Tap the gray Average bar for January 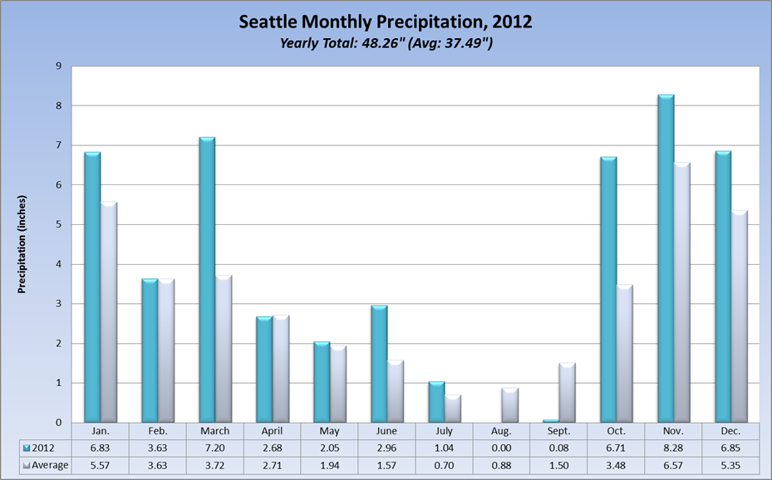[107, 312]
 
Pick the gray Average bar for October [623, 354]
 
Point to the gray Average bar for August [509, 405]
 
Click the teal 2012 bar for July [436, 402]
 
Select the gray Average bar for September [567, 393]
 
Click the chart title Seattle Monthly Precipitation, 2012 [386, 22]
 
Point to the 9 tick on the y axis [59, 66]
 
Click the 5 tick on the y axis [59, 224]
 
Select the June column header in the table [386, 432]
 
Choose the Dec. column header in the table [730, 432]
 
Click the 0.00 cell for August [501, 448]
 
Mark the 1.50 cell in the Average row [558, 465]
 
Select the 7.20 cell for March [214, 448]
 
